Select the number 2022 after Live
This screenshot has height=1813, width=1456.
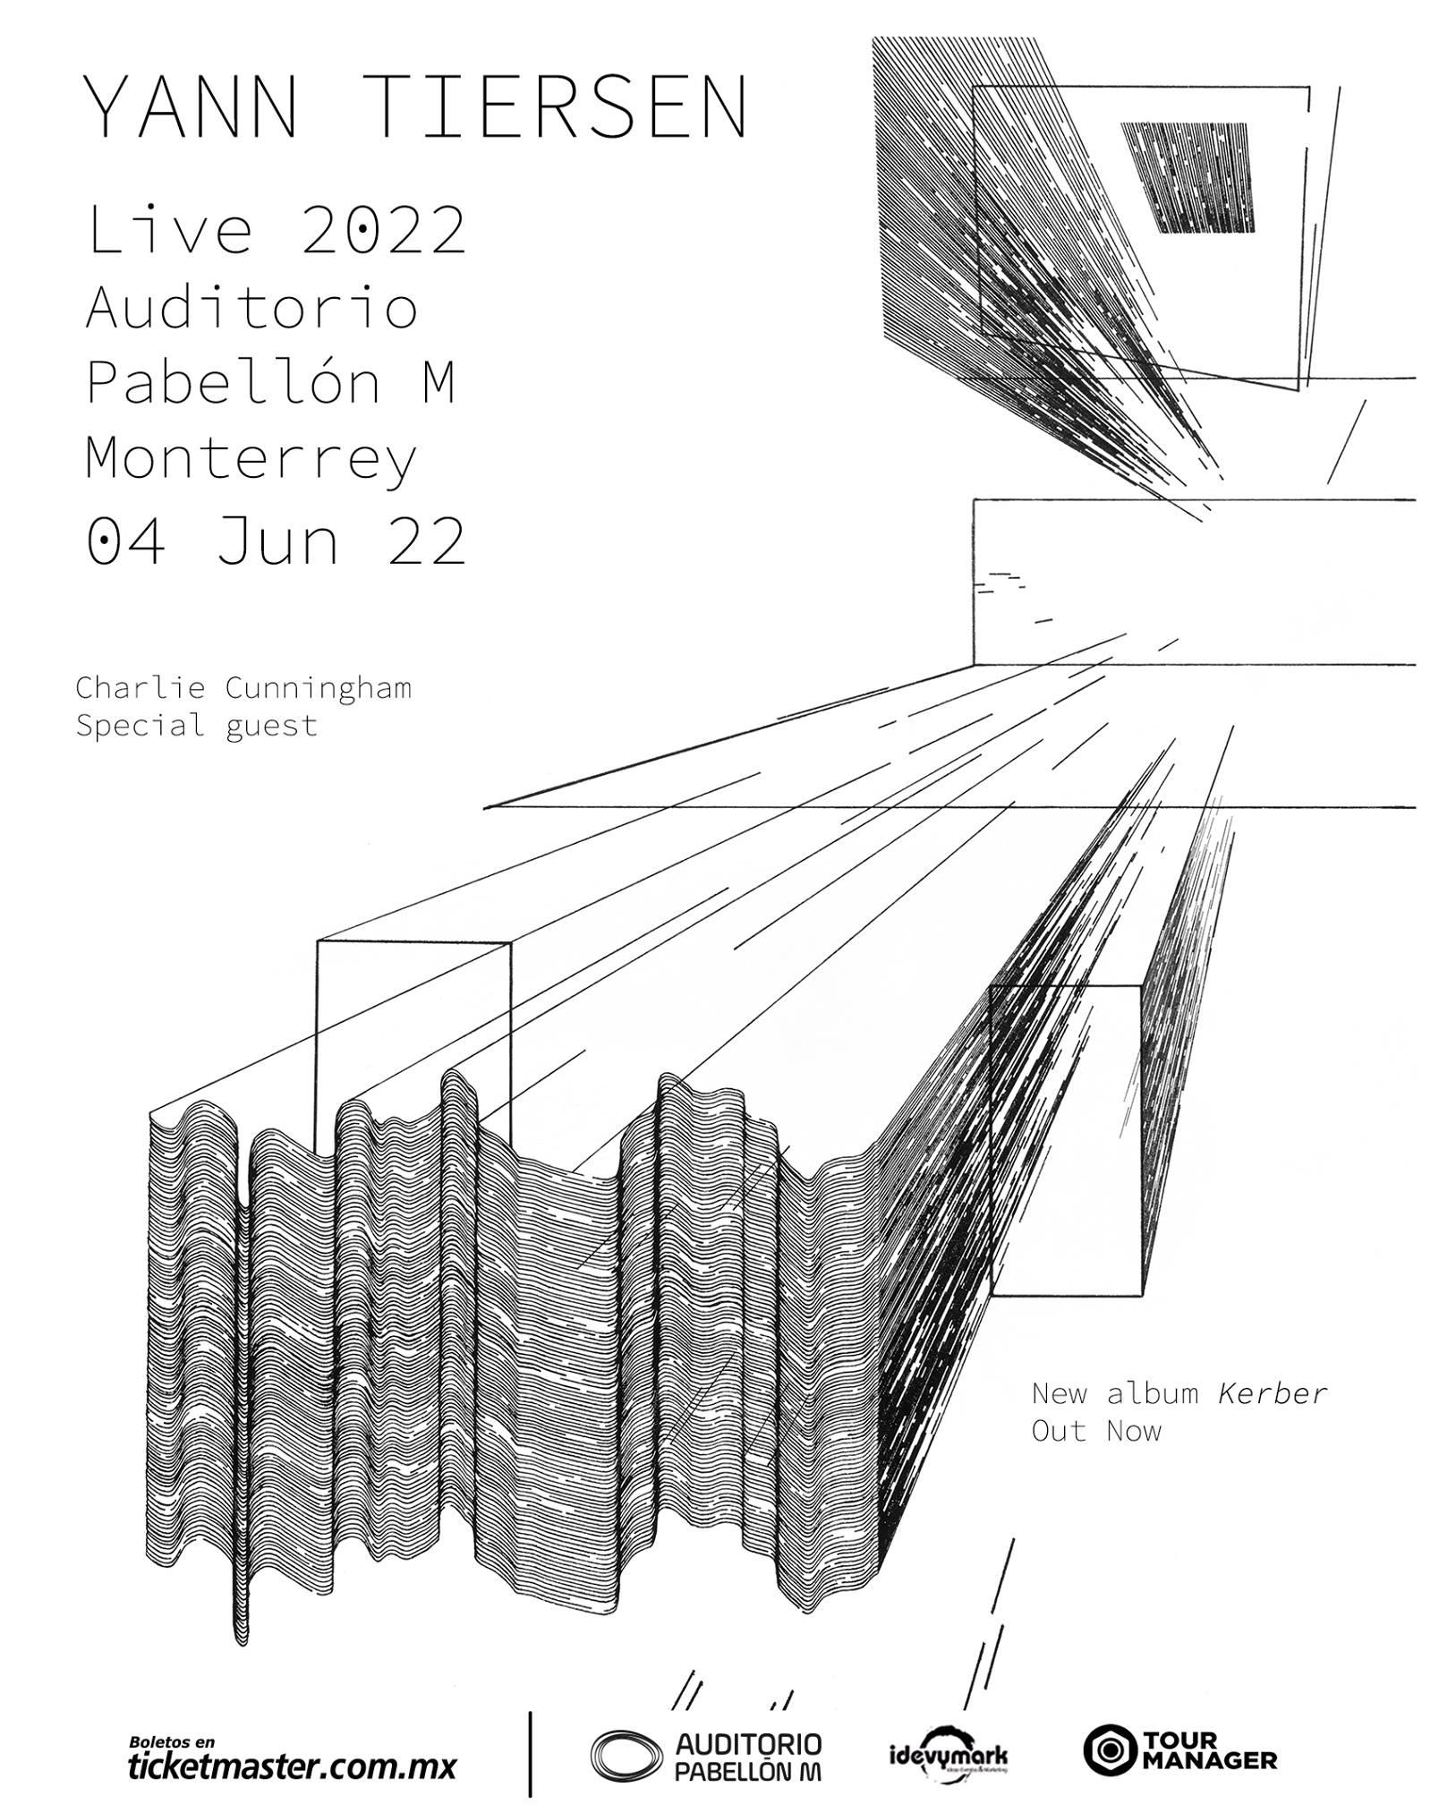[x=383, y=230]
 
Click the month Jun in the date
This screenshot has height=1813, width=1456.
[x=277, y=540]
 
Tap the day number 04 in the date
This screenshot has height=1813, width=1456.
[x=126, y=540]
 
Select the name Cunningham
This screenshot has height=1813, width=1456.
[x=318, y=689]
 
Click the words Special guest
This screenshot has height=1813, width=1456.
[x=197, y=724]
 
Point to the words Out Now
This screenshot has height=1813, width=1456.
[x=1096, y=1430]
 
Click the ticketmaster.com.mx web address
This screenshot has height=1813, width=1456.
[x=292, y=1766]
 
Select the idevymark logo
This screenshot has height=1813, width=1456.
[x=949, y=1755]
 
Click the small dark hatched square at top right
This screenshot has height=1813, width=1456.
[x=1187, y=177]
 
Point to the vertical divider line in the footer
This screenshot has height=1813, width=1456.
[x=532, y=1753]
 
